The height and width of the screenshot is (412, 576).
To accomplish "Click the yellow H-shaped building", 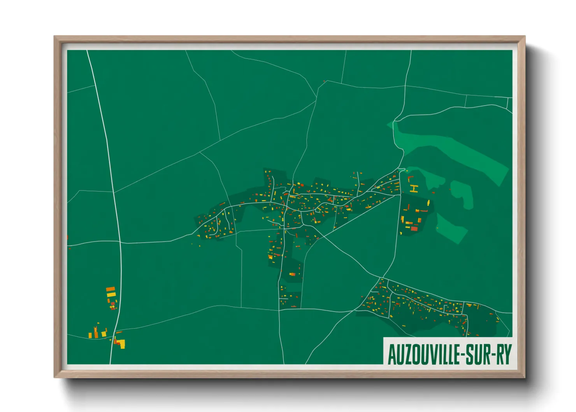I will [x=414, y=189].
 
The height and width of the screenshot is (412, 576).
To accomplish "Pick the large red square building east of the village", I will [x=414, y=229].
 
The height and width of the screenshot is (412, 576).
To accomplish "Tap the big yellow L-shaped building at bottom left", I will [x=121, y=344].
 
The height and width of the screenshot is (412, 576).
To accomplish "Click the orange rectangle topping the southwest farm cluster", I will [x=111, y=289].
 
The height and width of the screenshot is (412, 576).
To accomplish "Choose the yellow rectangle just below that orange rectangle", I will [x=111, y=295].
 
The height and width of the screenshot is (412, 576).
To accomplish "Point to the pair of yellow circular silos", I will [x=112, y=307].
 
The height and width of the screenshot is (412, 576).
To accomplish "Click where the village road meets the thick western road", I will [x=120, y=243].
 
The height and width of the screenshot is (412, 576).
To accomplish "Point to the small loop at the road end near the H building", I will [x=402, y=170].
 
